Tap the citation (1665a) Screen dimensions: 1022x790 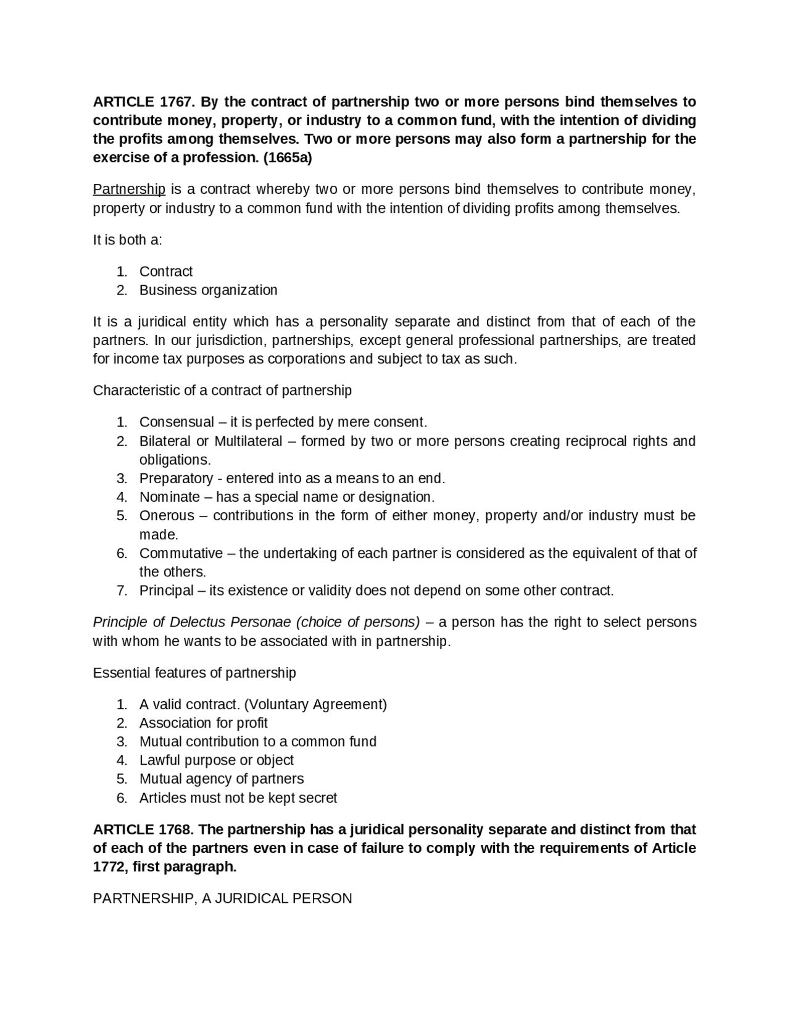click(288, 157)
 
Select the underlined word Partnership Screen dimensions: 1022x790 click(129, 189)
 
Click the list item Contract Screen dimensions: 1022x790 click(165, 272)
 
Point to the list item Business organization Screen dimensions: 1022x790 click(208, 290)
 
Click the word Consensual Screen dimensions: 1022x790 click(177, 422)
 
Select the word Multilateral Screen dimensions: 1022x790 click(248, 441)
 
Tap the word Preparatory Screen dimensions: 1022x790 click(176, 478)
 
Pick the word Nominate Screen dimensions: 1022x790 click(169, 497)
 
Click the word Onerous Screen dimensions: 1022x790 click(167, 515)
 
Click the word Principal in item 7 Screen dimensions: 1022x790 click(166, 591)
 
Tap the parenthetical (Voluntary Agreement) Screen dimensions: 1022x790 click(315, 704)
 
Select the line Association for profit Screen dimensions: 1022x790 click(203, 723)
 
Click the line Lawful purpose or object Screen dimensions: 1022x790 click(216, 760)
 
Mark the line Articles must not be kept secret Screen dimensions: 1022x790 click(238, 798)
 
